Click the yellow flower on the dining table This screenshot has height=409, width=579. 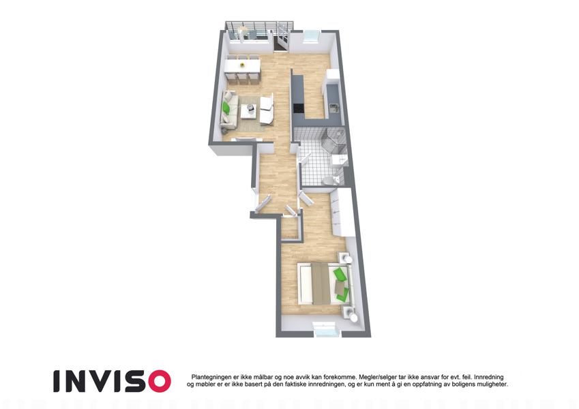tap(242, 65)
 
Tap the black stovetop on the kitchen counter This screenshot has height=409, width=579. tap(298, 108)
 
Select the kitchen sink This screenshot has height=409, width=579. tap(333, 108)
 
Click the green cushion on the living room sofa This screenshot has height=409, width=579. tap(226, 108)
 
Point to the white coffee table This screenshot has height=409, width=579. tap(249, 110)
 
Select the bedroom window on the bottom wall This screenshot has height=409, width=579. tap(325, 328)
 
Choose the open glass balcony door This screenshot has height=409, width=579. tap(282, 37)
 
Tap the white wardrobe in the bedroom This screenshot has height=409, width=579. tap(341, 212)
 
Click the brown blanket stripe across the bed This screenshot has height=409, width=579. tap(319, 284)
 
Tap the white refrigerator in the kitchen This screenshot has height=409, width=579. tap(333, 77)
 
